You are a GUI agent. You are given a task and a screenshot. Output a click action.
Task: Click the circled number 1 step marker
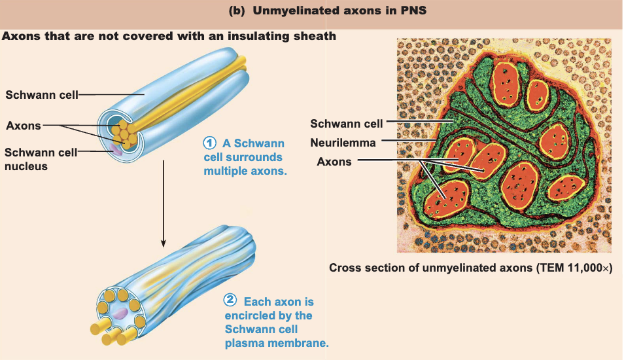pyautogui.click(x=210, y=143)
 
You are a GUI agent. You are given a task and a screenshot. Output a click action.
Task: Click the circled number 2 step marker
pyautogui.click(x=230, y=300)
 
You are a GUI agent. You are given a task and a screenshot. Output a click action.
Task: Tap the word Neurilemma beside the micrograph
pyautogui.click(x=343, y=143)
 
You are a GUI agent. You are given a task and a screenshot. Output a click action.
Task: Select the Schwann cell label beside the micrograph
pyautogui.click(x=347, y=124)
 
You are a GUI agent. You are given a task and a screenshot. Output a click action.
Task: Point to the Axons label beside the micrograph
pyautogui.click(x=334, y=162)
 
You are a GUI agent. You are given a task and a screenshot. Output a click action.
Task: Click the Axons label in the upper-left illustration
pyautogui.click(x=24, y=126)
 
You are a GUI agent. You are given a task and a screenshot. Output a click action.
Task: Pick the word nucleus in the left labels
pyautogui.click(x=26, y=166)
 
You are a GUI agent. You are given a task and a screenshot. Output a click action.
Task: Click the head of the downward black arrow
pyautogui.click(x=163, y=243)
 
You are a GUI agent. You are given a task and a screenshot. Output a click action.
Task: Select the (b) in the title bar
pyautogui.click(x=237, y=10)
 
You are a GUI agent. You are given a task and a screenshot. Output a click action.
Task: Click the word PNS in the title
pyautogui.click(x=414, y=10)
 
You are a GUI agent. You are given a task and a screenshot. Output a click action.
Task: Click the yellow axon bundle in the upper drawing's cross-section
pyautogui.click(x=124, y=135)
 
